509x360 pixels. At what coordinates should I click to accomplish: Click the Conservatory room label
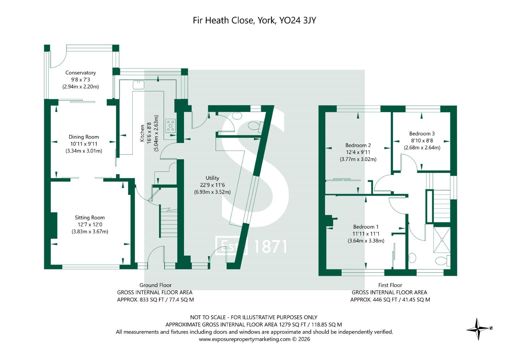coord(81,73)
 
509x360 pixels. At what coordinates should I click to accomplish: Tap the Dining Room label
coord(84,137)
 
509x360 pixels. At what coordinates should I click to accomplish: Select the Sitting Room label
coord(90,217)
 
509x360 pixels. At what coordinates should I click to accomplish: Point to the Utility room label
coord(212,178)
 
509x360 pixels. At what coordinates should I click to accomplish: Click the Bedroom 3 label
coord(422,134)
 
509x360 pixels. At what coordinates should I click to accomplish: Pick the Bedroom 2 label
coord(358,145)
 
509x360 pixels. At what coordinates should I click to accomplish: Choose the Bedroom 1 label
coord(366,227)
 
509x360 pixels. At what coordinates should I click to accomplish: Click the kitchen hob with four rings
coord(171,126)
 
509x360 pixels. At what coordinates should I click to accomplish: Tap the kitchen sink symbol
coord(138,85)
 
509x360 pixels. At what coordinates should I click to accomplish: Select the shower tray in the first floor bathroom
coord(442,240)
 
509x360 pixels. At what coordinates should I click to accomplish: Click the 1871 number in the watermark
coord(270,247)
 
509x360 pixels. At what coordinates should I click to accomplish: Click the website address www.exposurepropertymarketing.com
coord(245,339)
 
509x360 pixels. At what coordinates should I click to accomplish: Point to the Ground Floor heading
coord(155,285)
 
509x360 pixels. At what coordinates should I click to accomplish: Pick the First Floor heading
coord(390,285)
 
